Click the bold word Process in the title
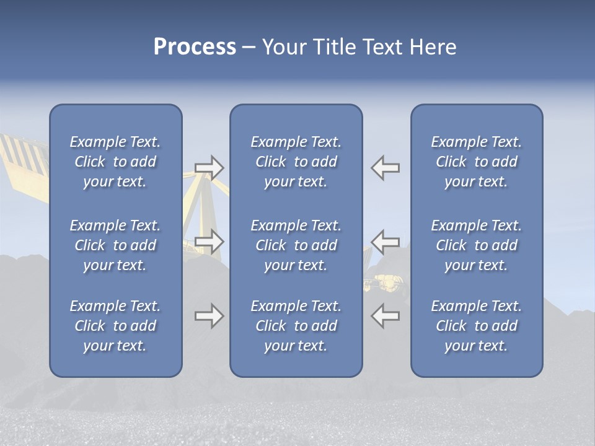pos(195,47)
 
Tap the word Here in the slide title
pos(432,47)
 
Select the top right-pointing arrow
pos(209,168)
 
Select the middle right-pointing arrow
pos(209,242)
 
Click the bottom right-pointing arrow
pos(209,316)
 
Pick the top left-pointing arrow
pos(386,168)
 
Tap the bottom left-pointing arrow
pos(386,315)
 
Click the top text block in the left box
pos(115,162)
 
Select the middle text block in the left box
pos(115,245)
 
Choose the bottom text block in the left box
pos(115,326)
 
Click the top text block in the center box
pos(296,162)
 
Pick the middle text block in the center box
pos(296,245)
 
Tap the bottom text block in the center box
pos(296,326)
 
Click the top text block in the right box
pos(476,162)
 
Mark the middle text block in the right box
pos(476,245)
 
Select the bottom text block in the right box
pos(476,326)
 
